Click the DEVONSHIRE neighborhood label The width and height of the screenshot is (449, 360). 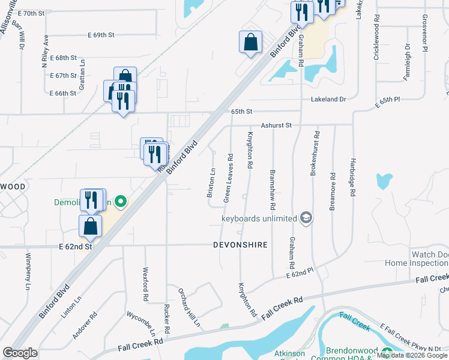pos(240,245)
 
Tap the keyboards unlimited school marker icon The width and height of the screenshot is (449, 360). pos(306,217)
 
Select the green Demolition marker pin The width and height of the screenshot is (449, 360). pos(120,202)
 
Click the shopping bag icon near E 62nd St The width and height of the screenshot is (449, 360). pos(90,226)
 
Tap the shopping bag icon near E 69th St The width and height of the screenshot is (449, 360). pos(251,42)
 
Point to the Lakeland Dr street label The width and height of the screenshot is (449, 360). pos(328,100)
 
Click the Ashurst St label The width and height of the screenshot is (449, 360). pos(276,125)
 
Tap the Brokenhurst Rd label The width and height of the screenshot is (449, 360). pos(313,154)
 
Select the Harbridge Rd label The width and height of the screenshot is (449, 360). pos(353,178)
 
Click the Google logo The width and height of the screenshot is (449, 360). pos(20,352)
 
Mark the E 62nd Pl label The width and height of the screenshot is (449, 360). pos(300,273)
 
